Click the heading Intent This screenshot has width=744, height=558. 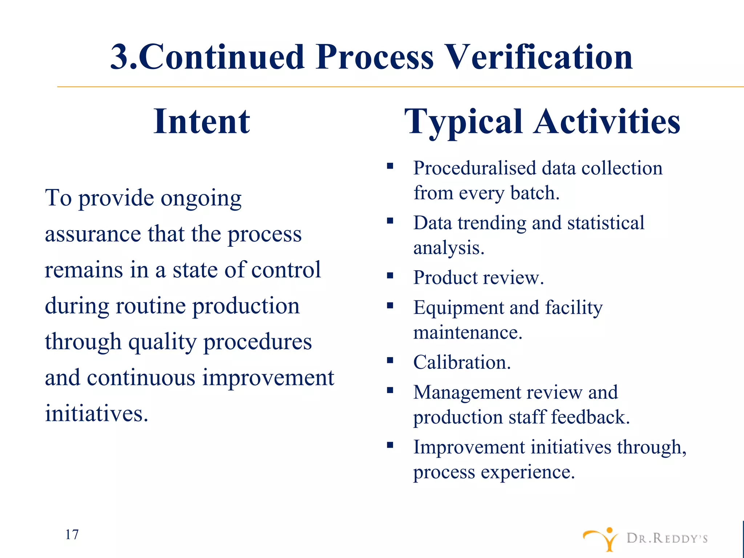click(202, 121)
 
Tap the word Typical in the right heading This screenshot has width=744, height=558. click(463, 122)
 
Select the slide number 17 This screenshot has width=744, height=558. click(72, 534)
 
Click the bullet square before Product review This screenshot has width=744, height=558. click(390, 276)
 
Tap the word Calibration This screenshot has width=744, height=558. click(462, 362)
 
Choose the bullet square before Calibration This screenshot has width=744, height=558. click(390, 360)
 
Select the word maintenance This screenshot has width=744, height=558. click(468, 332)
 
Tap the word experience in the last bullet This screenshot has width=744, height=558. click(527, 472)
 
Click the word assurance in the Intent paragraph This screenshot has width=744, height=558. click(93, 234)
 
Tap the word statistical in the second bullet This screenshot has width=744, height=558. click(606, 223)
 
